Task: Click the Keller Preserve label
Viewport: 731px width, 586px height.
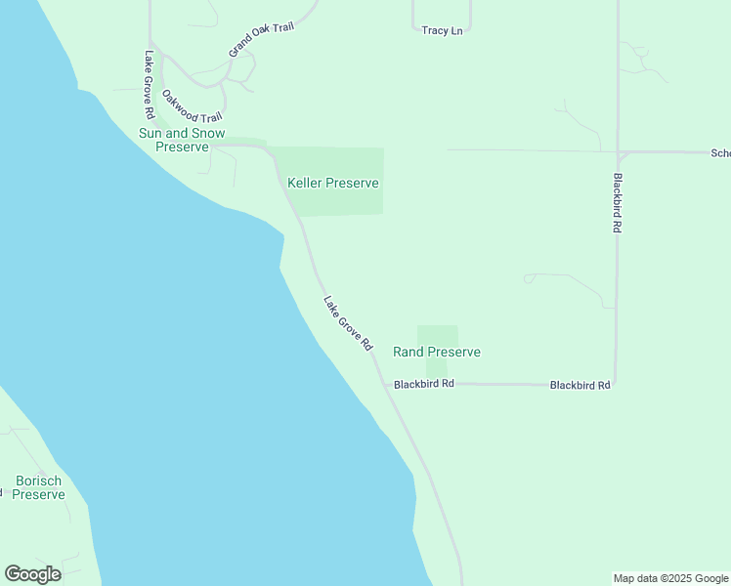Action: click(332, 183)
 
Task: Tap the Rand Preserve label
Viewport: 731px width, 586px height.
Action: click(436, 352)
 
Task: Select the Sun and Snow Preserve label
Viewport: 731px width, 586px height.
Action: click(182, 140)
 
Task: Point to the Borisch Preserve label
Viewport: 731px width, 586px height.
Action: click(39, 487)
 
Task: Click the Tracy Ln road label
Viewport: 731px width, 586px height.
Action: click(442, 31)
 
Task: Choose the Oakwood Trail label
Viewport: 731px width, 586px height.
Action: click(192, 106)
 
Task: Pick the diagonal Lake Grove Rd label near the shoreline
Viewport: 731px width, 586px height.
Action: click(348, 323)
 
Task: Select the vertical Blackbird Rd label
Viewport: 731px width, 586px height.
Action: click(618, 202)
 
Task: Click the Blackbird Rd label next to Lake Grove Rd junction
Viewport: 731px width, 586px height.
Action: click(424, 385)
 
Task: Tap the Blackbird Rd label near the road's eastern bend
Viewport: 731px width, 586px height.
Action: click(580, 386)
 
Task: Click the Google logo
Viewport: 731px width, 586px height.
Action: click(32, 574)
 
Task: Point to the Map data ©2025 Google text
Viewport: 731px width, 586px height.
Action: click(670, 578)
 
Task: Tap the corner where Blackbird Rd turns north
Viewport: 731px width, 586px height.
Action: click(616, 384)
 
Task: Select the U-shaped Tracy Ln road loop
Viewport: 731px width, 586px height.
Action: click(442, 18)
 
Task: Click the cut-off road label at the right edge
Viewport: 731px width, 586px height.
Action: click(720, 153)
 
